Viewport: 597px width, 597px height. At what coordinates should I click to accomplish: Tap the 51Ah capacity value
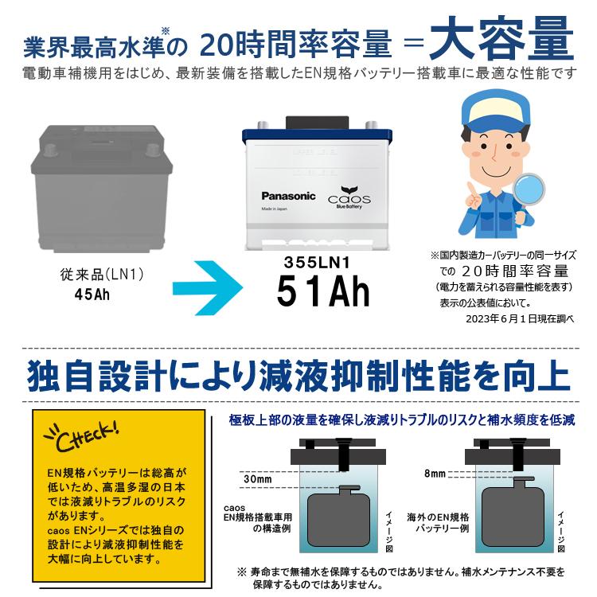coord(323,292)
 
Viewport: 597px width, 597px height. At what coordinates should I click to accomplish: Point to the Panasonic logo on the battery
coord(288,196)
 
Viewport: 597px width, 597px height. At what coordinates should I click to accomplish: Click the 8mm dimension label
coord(435,473)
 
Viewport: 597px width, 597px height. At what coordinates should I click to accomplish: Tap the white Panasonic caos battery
coord(322,188)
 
